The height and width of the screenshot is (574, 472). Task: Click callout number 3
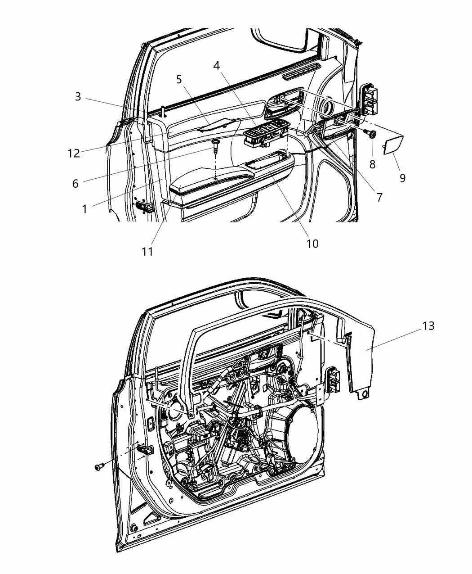tap(78, 97)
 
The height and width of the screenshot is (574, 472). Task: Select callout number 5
tap(179, 80)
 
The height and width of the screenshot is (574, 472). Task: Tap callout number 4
tap(217, 66)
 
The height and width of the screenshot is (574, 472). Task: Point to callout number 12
tap(74, 153)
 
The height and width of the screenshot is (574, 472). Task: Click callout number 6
tap(75, 183)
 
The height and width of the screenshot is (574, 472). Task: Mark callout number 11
tap(147, 251)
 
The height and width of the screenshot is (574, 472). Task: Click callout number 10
tap(312, 244)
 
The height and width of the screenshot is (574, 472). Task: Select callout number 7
tap(379, 197)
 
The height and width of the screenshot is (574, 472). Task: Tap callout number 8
tap(372, 164)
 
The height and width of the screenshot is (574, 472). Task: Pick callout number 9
tap(402, 178)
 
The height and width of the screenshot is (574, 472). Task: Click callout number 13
tap(429, 325)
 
